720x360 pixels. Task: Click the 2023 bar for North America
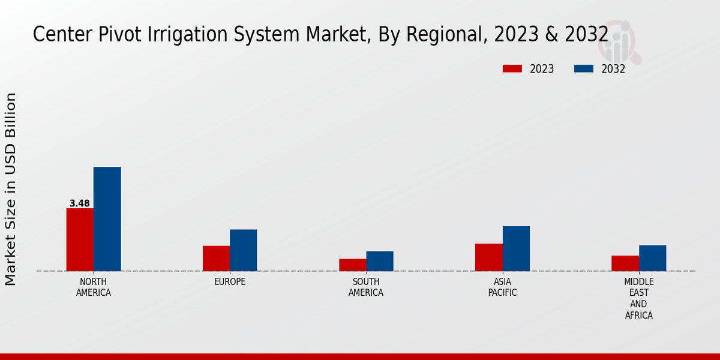(x=80, y=239)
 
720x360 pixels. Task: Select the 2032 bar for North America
(x=107, y=219)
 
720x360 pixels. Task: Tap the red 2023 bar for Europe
(x=216, y=258)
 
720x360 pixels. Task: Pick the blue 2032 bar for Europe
(x=243, y=250)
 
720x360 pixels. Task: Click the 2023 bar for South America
(x=352, y=265)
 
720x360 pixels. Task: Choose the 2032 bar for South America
(x=380, y=261)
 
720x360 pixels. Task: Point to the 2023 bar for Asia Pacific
(x=488, y=257)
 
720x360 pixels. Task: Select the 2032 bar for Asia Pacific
(x=516, y=248)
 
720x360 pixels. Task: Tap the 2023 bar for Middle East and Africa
(x=625, y=263)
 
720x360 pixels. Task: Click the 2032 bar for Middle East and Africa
(x=652, y=258)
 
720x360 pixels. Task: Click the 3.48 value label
(x=80, y=203)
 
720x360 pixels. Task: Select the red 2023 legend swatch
(x=512, y=68)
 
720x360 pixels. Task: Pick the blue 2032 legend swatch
(x=583, y=68)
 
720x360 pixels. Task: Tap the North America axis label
(x=94, y=287)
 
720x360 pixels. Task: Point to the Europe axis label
(x=230, y=281)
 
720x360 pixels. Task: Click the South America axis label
(x=366, y=287)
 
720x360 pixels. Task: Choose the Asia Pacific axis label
(x=502, y=287)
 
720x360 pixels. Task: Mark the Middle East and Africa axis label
(x=638, y=298)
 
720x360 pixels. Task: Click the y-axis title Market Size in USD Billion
(x=11, y=189)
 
